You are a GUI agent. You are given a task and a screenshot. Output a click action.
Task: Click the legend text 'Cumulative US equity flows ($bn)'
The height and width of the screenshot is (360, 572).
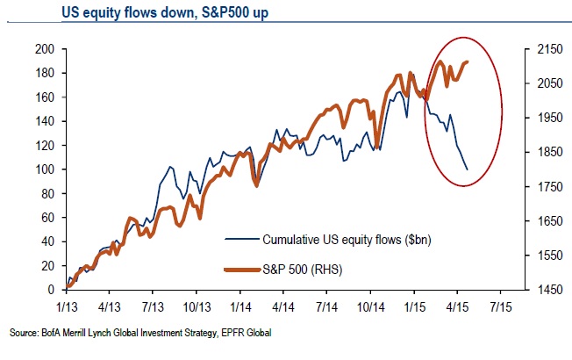(x=341, y=238)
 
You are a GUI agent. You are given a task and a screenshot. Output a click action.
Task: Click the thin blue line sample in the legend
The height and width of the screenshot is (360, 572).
(x=240, y=238)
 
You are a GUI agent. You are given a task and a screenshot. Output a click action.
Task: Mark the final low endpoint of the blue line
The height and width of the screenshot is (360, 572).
(x=467, y=169)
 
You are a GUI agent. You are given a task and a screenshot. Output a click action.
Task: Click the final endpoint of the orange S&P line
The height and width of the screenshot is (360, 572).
(x=468, y=61)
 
